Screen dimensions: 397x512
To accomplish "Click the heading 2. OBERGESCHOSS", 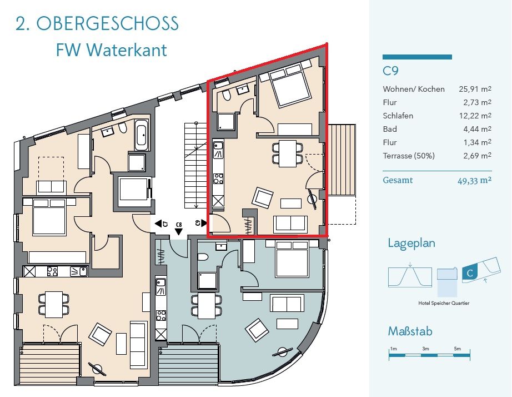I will pos(97,24).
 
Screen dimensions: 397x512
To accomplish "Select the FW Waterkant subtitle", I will pos(111,50).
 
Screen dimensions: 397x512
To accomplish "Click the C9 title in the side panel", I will pos(391,71).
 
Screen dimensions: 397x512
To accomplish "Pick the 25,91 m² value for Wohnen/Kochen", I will pos(475,89).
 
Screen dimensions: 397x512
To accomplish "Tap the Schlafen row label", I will pos(398,116).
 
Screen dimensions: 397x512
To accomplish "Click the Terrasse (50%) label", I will pos(409,156).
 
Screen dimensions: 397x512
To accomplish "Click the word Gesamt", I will pos(398,180).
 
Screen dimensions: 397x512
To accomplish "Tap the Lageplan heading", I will pos(411,243).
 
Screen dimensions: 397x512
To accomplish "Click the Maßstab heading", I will pos(410,332).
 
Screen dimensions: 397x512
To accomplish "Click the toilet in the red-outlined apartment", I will pos(225,96).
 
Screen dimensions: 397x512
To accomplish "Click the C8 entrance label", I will pos(178,225).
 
